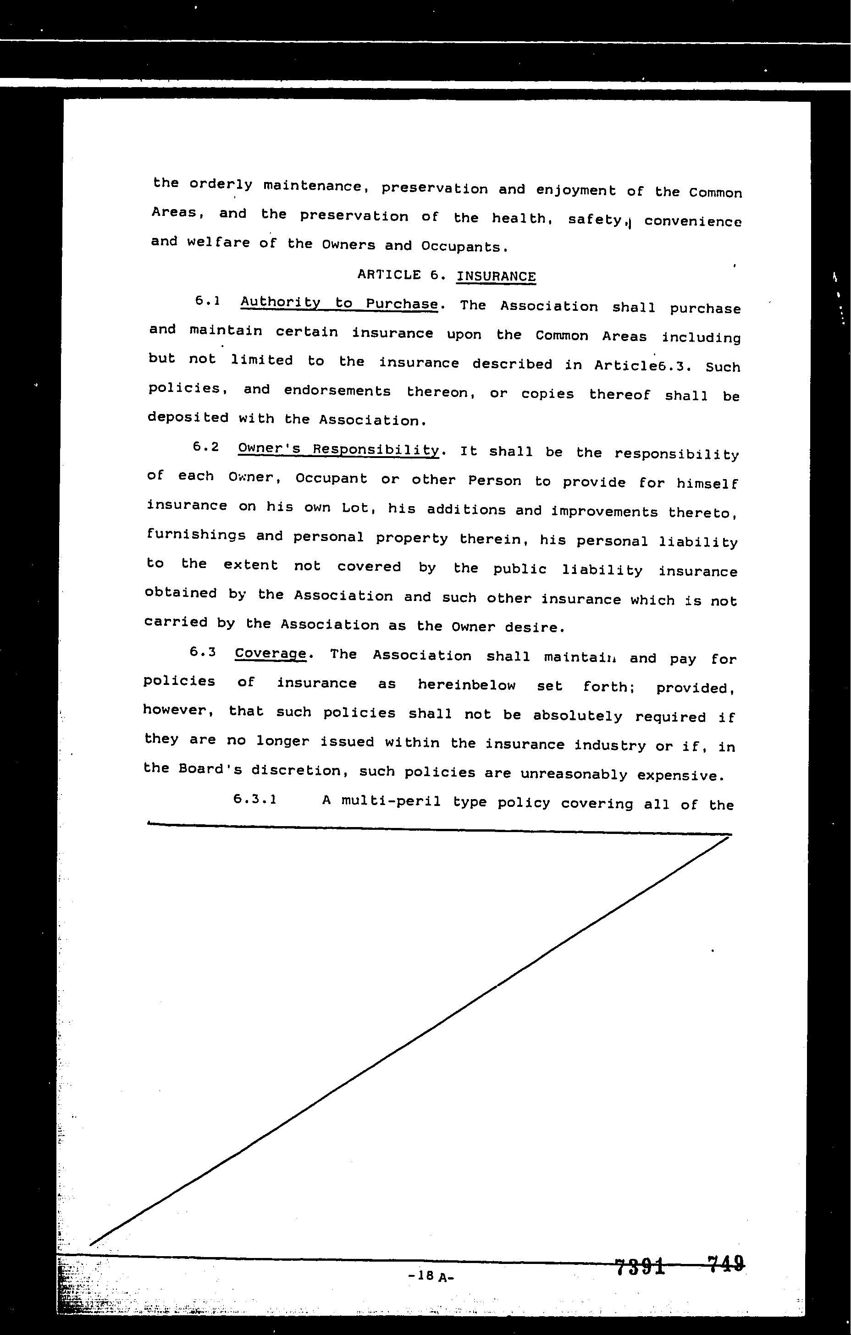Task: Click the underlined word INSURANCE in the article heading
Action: click(x=496, y=276)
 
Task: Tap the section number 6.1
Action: click(x=207, y=301)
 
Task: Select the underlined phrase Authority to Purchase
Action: click(x=339, y=303)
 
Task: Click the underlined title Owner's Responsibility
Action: click(x=338, y=450)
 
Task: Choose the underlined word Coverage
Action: click(x=270, y=654)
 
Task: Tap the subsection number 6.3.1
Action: click(x=255, y=800)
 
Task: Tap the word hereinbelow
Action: click(x=466, y=685)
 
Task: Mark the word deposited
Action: click(x=188, y=418)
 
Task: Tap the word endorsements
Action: click(x=337, y=391)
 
